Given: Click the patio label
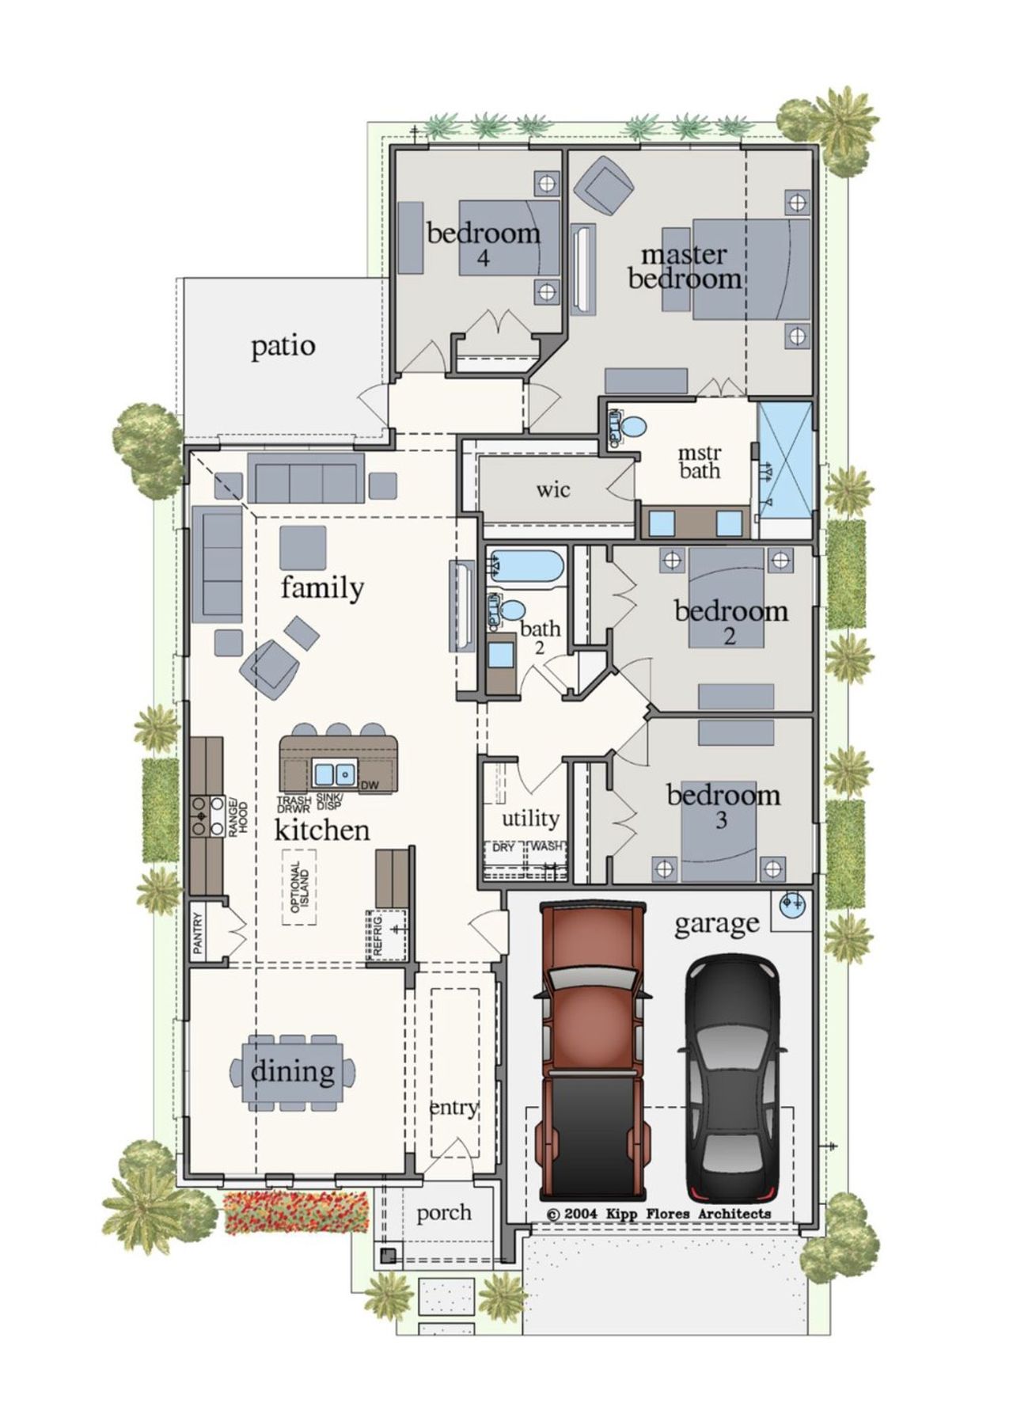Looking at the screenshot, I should [x=283, y=346].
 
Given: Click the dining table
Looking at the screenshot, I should [x=293, y=1073].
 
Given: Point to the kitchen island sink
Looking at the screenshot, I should [x=334, y=772].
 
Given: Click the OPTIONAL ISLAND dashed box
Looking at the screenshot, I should [x=300, y=887].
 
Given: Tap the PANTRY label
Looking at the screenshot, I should [x=198, y=932].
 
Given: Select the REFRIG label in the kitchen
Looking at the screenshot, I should [x=378, y=936].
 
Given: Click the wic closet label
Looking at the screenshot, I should [x=552, y=489].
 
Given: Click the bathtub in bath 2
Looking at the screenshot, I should [x=525, y=567].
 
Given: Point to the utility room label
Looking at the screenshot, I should [x=530, y=818].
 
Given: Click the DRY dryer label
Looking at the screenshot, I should [x=503, y=847].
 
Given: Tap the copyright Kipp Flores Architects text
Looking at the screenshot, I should [x=658, y=1213].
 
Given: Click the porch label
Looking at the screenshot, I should [x=443, y=1212].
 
